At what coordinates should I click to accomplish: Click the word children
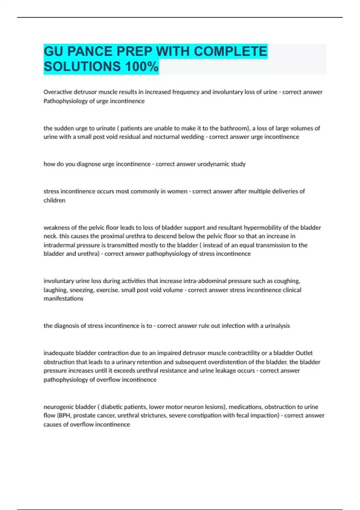pyautogui.click(x=54, y=200)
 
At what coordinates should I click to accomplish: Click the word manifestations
pyautogui.click(x=63, y=298)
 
